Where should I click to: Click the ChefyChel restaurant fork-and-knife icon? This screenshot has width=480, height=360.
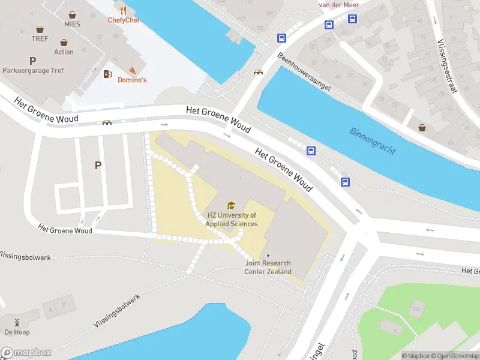[124, 10]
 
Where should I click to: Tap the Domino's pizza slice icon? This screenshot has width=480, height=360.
[131, 70]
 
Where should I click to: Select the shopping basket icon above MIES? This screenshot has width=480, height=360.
[72, 14]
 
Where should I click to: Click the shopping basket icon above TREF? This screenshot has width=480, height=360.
[40, 29]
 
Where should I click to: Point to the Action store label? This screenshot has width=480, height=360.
[64, 52]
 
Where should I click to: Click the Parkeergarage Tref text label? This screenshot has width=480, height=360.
[33, 70]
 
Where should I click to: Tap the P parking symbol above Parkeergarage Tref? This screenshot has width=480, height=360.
[32, 61]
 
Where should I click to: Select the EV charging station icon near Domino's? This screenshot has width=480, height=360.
[108, 74]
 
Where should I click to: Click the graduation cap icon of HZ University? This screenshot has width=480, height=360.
[231, 206]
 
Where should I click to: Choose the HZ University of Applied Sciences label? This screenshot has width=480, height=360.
[232, 220]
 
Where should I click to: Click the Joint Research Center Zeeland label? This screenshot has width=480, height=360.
[268, 267]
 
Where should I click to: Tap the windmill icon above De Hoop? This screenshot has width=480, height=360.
[17, 322]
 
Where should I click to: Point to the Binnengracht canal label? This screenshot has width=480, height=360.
[373, 141]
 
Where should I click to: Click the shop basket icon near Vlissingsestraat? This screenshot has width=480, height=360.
[423, 127]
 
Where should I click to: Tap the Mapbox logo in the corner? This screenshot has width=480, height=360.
[26, 353]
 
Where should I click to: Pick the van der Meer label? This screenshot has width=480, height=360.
[339, 5]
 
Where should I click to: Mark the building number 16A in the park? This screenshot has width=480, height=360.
[415, 310]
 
